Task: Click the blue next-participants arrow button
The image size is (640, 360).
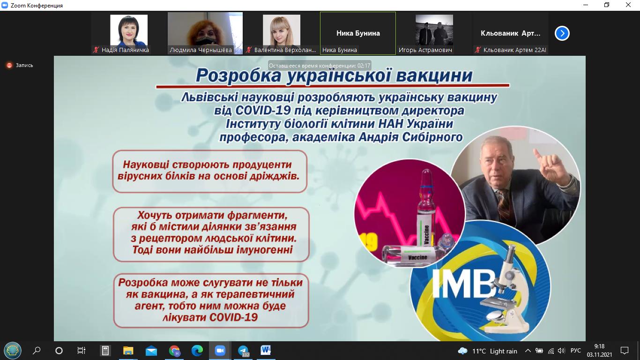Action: [x=562, y=33]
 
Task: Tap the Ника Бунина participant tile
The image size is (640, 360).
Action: [x=358, y=33]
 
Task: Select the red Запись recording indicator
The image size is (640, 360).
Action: [x=9, y=66]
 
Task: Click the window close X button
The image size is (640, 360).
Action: [x=628, y=5]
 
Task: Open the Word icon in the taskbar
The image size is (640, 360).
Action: [x=266, y=350]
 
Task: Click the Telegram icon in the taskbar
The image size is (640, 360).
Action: [x=243, y=351]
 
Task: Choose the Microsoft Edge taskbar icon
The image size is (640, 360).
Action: [x=197, y=350]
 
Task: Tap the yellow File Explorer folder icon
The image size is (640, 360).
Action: [x=128, y=351]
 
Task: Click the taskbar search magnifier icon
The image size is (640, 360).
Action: [x=37, y=350]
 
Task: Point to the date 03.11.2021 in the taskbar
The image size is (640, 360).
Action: [x=599, y=354]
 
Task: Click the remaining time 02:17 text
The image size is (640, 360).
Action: [x=364, y=66]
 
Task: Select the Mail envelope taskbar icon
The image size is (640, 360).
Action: [x=151, y=351]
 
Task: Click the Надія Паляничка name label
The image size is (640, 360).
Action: [x=125, y=50]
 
